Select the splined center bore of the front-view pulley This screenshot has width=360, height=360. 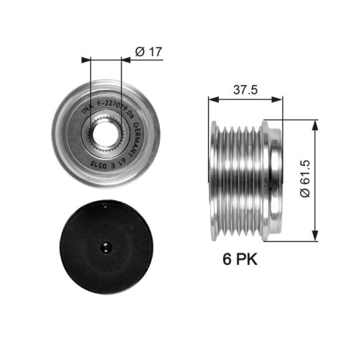(102, 134)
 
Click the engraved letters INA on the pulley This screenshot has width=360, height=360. (84, 109)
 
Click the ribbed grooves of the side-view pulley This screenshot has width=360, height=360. (238, 180)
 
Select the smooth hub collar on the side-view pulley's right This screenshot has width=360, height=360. (272, 180)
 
